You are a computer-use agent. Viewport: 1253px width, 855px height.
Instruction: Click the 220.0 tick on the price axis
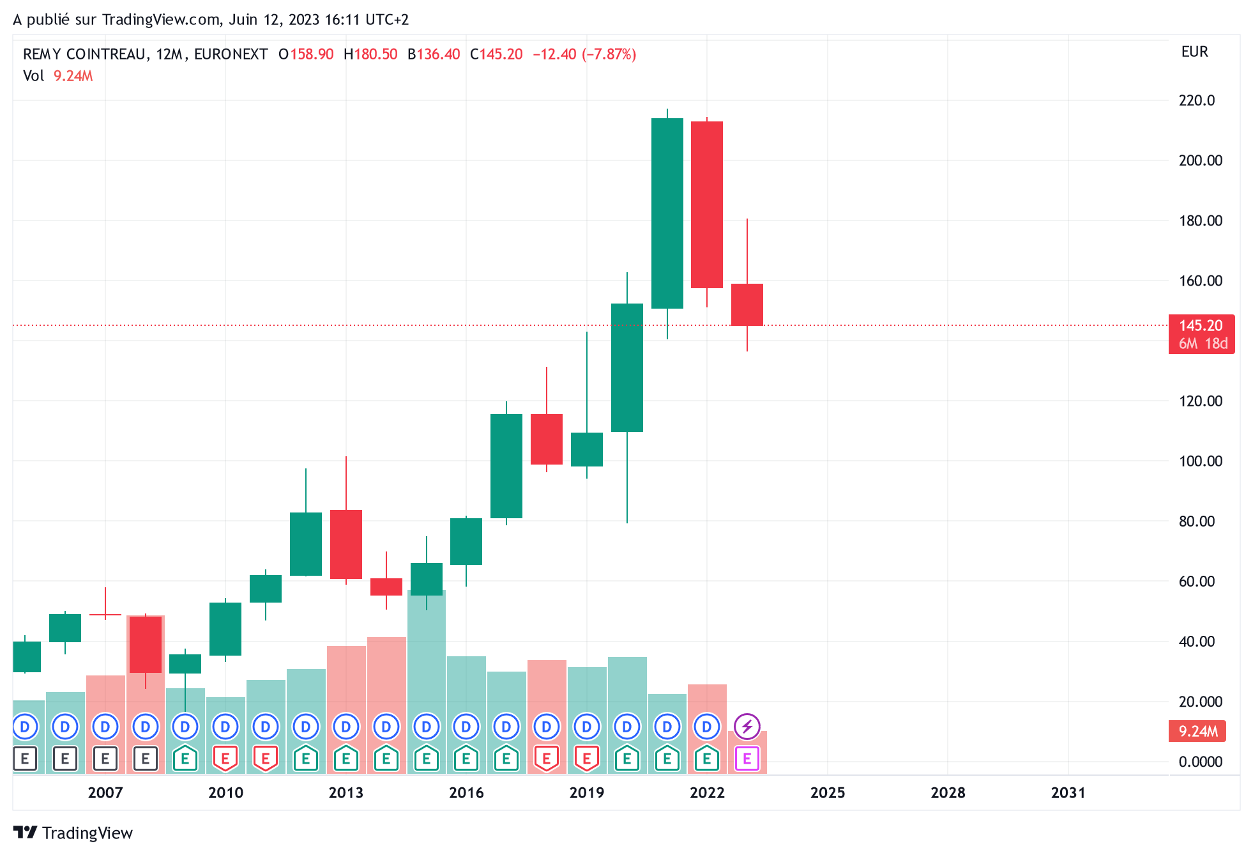point(1196,100)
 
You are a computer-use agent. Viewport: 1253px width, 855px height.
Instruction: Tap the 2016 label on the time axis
point(466,793)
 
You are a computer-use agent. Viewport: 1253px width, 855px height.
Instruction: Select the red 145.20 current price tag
point(1201,334)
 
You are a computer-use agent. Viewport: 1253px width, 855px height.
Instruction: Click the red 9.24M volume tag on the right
point(1197,731)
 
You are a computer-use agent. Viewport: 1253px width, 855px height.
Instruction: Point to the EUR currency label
point(1195,52)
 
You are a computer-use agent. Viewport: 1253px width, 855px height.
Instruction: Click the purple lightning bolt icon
point(747,727)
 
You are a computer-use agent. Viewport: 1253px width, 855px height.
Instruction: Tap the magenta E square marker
point(747,759)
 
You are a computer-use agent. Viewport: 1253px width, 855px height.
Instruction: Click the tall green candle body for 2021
point(667,213)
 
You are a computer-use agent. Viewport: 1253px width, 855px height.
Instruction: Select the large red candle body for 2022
point(707,204)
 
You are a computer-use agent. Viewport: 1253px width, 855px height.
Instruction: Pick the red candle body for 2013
point(346,544)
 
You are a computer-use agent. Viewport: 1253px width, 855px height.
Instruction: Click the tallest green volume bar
point(427,681)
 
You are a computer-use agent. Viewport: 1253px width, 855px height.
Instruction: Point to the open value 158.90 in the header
point(312,54)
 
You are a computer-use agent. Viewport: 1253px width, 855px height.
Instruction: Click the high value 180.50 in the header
point(376,54)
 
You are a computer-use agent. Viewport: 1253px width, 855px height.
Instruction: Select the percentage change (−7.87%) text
point(609,54)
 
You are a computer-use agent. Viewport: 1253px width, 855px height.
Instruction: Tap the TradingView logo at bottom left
point(73,833)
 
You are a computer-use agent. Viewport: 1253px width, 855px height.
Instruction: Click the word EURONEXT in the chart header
point(231,54)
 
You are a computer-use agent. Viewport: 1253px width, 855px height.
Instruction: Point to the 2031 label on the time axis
point(1068,793)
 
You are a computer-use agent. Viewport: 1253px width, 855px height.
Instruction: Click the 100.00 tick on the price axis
point(1201,461)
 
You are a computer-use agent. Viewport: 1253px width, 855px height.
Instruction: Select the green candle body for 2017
point(506,466)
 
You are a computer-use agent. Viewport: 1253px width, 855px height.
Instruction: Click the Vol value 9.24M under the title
point(73,76)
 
